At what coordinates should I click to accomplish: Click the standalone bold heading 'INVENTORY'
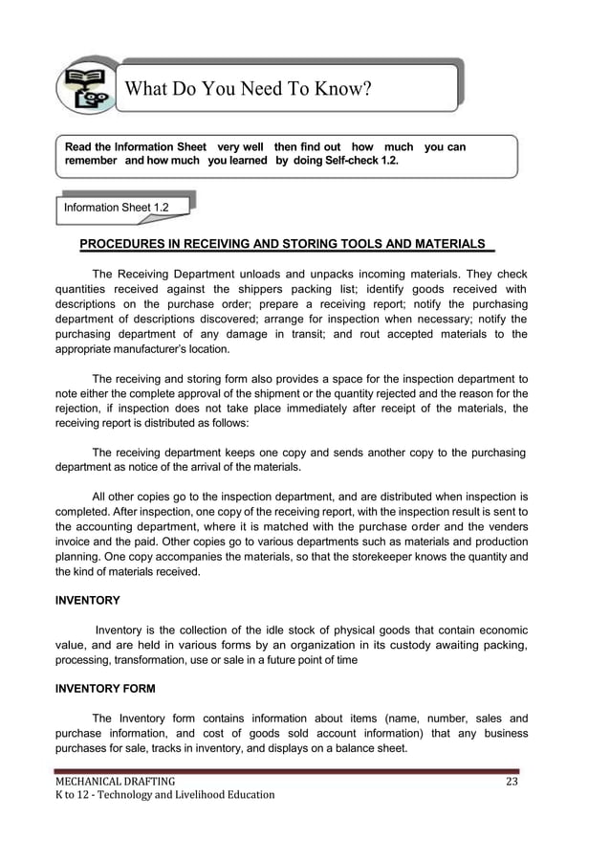coord(87,601)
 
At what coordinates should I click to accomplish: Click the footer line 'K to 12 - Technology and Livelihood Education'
coord(164,796)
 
